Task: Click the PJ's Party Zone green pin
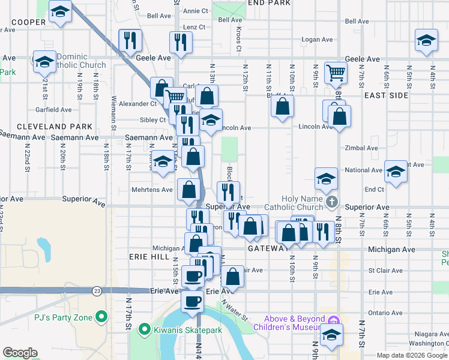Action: [x=101, y=316]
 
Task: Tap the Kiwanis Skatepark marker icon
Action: [x=144, y=329]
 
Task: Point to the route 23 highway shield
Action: [x=97, y=290]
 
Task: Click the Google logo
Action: [x=20, y=353]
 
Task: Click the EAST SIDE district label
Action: [x=385, y=95]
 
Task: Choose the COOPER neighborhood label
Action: [x=28, y=22]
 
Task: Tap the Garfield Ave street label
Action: [x=53, y=110]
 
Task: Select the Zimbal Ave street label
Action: [x=361, y=148]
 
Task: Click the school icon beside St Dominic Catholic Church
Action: [x=44, y=62]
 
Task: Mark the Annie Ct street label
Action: [x=196, y=11]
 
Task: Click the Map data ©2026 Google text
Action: [x=411, y=355]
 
